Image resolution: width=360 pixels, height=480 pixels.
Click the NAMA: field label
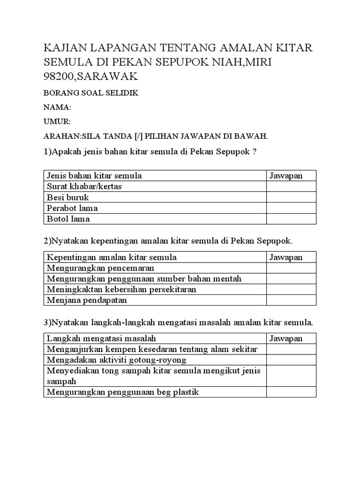point(57,107)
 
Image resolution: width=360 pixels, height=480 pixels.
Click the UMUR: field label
point(57,122)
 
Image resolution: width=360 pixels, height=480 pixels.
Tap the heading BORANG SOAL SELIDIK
point(91,93)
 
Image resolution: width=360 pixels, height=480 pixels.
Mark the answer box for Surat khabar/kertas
point(291,187)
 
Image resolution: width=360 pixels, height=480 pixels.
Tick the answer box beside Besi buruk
point(291,197)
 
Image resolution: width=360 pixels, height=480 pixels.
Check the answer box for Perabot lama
point(291,208)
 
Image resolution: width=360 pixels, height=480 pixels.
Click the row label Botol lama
point(68,219)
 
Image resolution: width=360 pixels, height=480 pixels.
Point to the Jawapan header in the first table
point(286,176)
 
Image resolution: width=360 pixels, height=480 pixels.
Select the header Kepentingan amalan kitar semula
point(112,257)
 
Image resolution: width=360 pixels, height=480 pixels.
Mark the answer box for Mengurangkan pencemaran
point(291,268)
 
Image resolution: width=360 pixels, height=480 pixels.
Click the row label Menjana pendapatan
point(87,300)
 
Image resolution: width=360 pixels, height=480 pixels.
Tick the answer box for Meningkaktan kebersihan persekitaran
point(291,290)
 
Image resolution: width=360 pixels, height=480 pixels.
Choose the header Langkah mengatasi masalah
point(101,338)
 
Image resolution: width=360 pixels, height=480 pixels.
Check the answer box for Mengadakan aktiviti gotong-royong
point(291,360)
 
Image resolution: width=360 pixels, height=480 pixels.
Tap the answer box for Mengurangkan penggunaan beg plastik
point(291,392)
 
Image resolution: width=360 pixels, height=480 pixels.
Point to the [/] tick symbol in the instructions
point(138,136)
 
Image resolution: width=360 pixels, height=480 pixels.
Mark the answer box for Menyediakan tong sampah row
point(291,376)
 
